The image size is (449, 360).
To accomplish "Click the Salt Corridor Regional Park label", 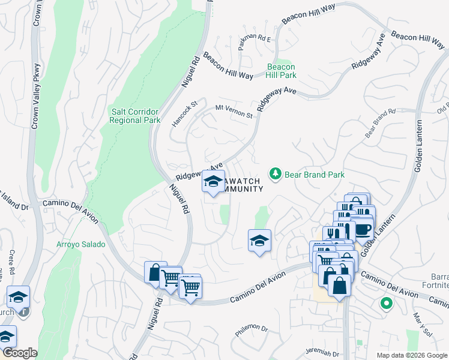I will (135, 115).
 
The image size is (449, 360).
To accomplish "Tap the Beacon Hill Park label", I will (281, 71).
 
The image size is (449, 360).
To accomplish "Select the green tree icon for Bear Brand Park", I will (276, 174).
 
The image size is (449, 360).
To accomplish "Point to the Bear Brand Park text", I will (315, 175).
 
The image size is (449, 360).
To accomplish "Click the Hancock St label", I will (184, 112).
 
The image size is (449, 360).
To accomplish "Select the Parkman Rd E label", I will (255, 39).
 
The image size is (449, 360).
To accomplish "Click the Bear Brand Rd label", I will (381, 122).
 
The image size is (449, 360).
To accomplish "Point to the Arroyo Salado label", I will (81, 244).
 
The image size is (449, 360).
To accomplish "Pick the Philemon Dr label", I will (252, 328).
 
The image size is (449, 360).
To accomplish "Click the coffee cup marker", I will (364, 228).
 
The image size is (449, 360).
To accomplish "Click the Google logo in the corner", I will (19, 353).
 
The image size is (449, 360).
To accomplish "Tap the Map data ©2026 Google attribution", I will (411, 355).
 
